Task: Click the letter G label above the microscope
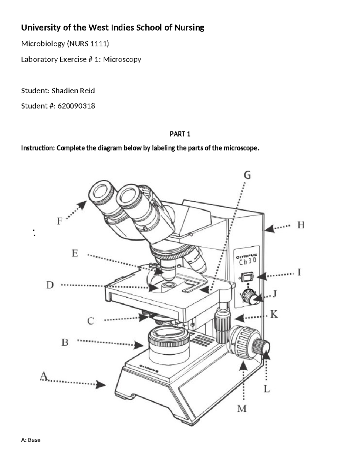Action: (x=247, y=175)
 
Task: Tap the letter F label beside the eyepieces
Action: (x=60, y=221)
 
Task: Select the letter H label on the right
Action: (x=301, y=225)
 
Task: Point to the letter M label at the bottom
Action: (x=242, y=409)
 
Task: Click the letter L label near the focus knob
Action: (x=267, y=389)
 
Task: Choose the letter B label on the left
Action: (x=65, y=342)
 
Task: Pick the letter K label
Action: (x=274, y=314)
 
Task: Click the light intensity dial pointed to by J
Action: (x=249, y=297)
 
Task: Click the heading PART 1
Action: (x=180, y=134)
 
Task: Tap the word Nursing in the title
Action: (x=189, y=28)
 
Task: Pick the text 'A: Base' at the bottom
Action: (x=31, y=440)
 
